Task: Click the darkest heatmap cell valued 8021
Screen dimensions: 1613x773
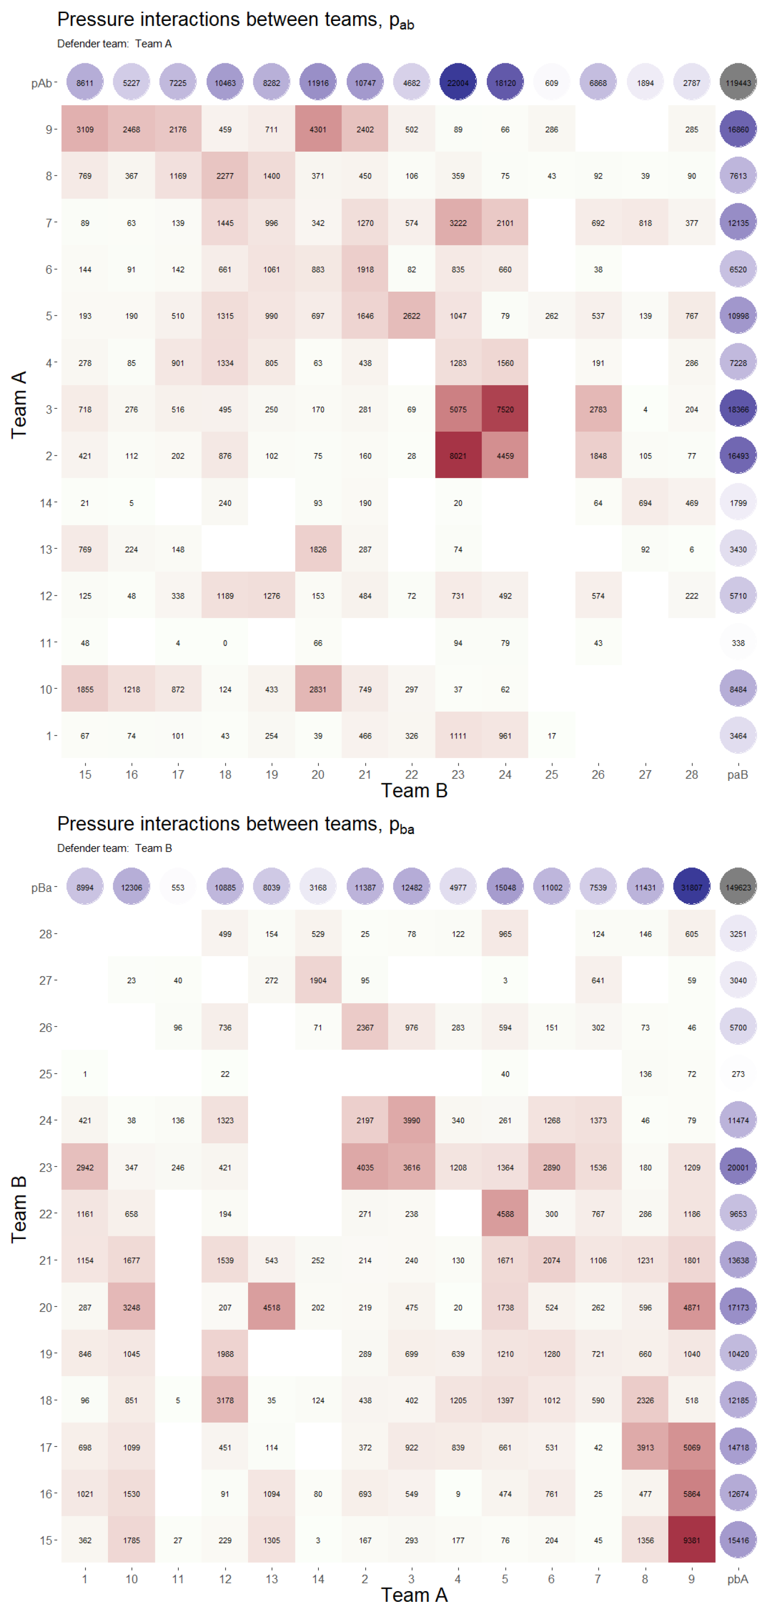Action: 458,455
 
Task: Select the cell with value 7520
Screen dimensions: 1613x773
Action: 505,409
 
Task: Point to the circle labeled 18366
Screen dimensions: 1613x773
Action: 738,409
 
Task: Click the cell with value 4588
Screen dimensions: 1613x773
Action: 505,1213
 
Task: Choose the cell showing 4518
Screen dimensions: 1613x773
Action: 271,1307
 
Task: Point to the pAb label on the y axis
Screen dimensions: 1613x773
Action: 41,83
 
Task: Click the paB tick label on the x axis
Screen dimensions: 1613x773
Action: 738,774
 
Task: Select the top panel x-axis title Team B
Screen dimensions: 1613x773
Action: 414,790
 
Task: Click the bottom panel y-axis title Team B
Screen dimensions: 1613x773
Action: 19,1208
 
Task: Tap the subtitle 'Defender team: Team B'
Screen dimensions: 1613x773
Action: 114,848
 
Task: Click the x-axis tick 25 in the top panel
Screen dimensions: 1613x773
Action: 551,774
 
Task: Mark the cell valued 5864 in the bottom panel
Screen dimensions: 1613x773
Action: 692,1493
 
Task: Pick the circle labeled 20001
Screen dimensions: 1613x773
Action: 738,1167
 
